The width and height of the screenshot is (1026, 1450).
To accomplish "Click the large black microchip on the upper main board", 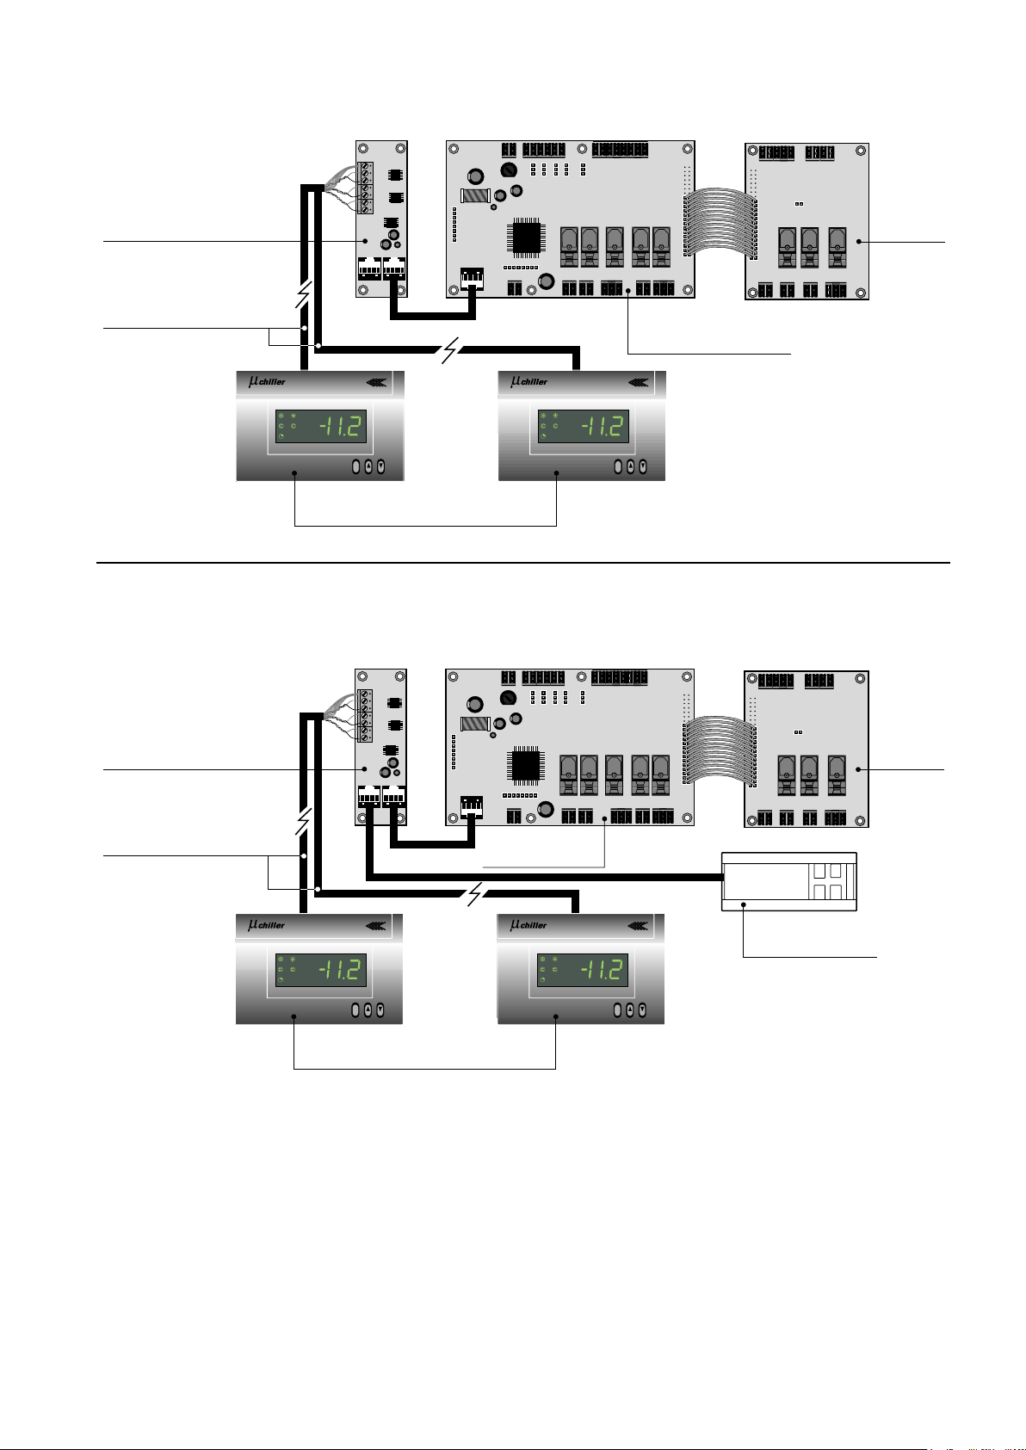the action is click(x=526, y=238).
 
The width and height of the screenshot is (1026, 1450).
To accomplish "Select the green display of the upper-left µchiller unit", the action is click(x=321, y=426).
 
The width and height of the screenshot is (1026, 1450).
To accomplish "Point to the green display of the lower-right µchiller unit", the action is click(x=583, y=970).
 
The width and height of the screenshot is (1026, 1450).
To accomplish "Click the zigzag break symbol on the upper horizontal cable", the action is click(x=450, y=350).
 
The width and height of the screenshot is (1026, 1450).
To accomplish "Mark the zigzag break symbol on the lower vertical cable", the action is click(x=303, y=822).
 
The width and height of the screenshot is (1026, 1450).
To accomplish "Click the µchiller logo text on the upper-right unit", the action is click(x=528, y=381).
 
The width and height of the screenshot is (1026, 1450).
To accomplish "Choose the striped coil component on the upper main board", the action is click(x=475, y=195).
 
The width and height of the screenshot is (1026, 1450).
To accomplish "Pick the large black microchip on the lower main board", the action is click(x=526, y=766).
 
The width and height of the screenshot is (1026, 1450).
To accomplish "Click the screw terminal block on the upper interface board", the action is click(x=366, y=188).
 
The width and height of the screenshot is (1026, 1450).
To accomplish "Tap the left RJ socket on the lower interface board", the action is click(x=369, y=796).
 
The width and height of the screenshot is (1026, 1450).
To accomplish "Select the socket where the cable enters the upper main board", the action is click(x=472, y=278).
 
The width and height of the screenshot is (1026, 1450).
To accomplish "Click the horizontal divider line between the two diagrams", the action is click(x=523, y=563).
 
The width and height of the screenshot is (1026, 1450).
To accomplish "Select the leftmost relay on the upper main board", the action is click(x=569, y=247).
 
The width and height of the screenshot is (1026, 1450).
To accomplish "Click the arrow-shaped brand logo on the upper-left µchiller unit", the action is click(x=376, y=382).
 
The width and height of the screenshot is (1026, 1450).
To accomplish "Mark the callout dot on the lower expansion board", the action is click(x=858, y=769).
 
